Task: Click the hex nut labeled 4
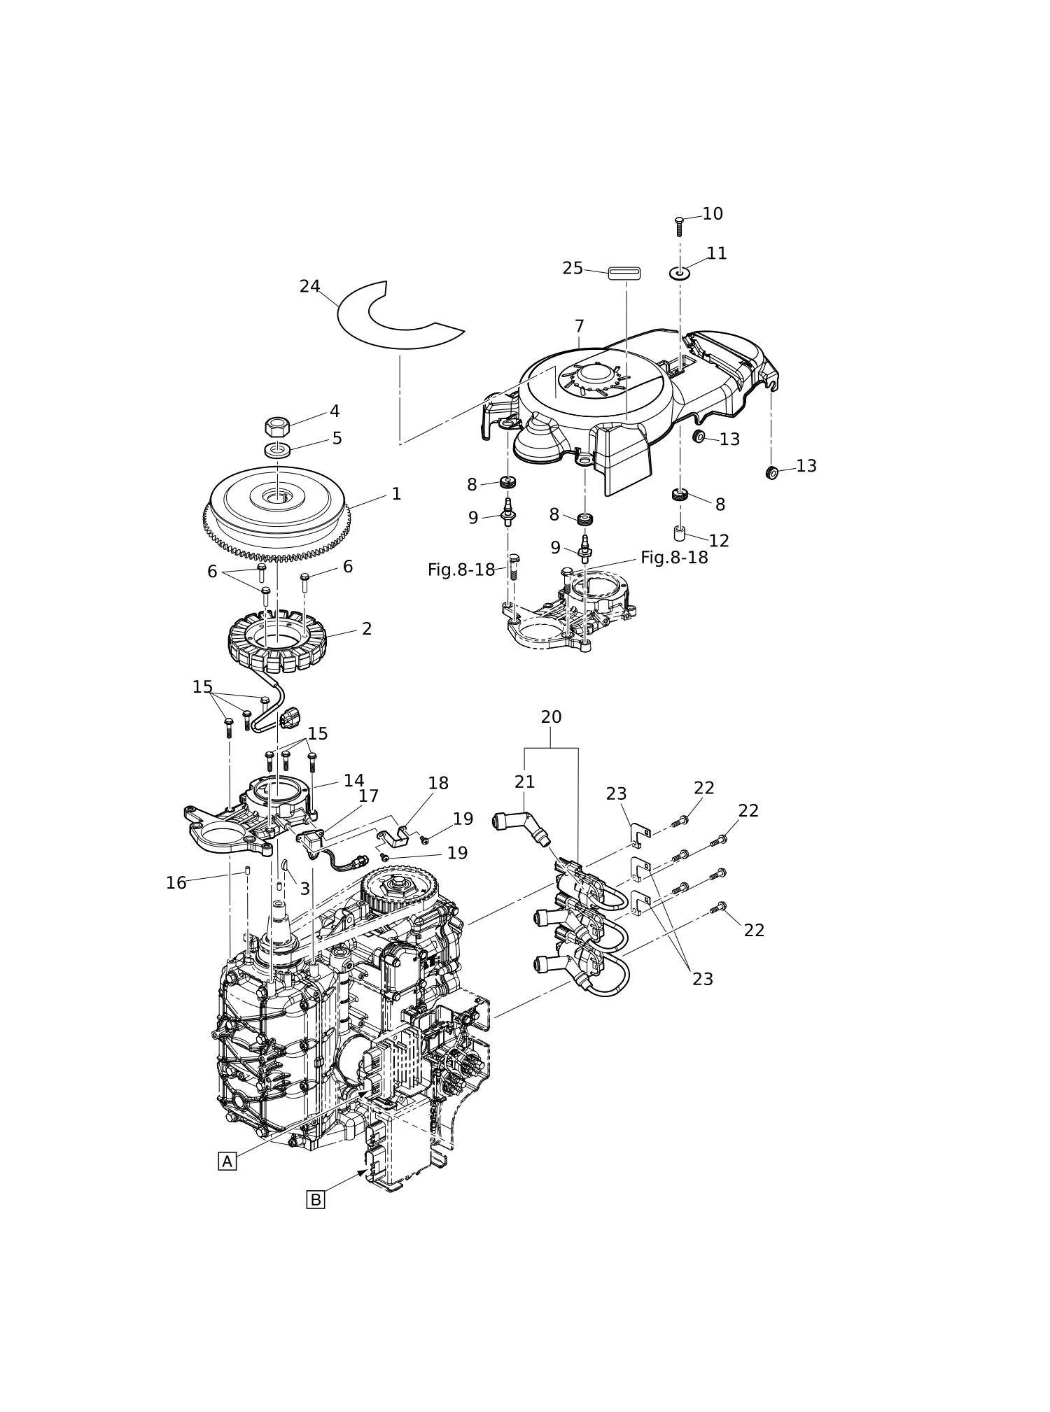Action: [x=277, y=426]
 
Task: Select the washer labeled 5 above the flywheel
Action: [x=278, y=449]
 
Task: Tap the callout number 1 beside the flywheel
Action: [x=396, y=494]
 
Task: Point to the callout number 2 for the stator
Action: [x=367, y=628]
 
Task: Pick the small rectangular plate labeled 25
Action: [x=624, y=273]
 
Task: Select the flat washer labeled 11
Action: [x=680, y=273]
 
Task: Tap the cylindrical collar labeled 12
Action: [x=680, y=533]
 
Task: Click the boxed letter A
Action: [x=227, y=1162]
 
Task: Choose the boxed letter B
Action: [x=316, y=1200]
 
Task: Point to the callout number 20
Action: [x=551, y=717]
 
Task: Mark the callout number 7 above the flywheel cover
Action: [x=579, y=326]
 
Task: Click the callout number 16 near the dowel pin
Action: [x=176, y=883]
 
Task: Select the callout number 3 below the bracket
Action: [x=304, y=889]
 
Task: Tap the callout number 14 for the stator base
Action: [x=353, y=780]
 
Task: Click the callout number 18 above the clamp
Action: [x=438, y=783]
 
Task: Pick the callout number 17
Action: [x=368, y=796]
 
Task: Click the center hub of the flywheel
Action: [x=278, y=496]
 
